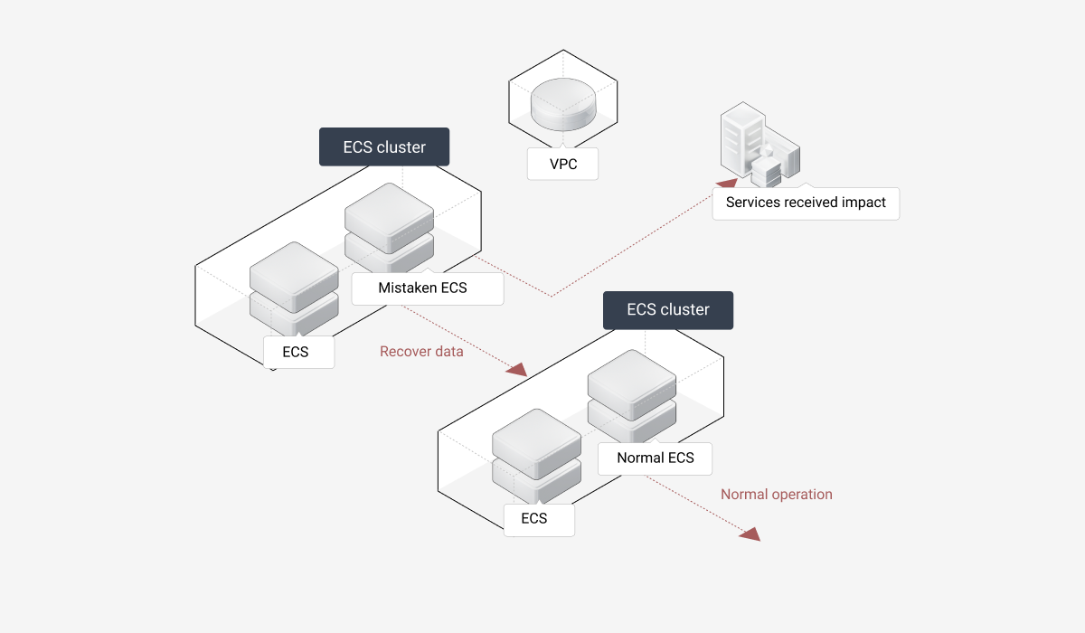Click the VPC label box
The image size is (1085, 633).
coord(562,165)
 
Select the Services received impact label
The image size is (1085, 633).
coord(806,203)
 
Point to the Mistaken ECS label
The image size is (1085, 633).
coord(422,288)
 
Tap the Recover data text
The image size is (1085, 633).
coord(421,352)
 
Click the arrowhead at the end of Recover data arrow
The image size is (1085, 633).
coord(517,369)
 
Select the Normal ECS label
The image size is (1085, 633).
coord(655,458)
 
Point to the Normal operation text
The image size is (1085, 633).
coord(776,495)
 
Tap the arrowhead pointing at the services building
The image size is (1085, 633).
coord(726,185)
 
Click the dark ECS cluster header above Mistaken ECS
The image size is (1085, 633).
coord(384,146)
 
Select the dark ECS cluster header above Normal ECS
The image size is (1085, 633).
coord(668,309)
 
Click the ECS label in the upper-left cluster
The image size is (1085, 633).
coord(296,352)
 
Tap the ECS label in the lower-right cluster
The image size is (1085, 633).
coord(534,518)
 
